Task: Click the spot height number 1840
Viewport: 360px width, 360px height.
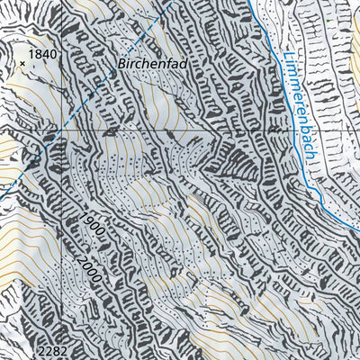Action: (42, 55)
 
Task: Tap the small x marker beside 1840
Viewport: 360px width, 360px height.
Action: (22, 63)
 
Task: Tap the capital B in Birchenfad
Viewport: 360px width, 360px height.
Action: (121, 65)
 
